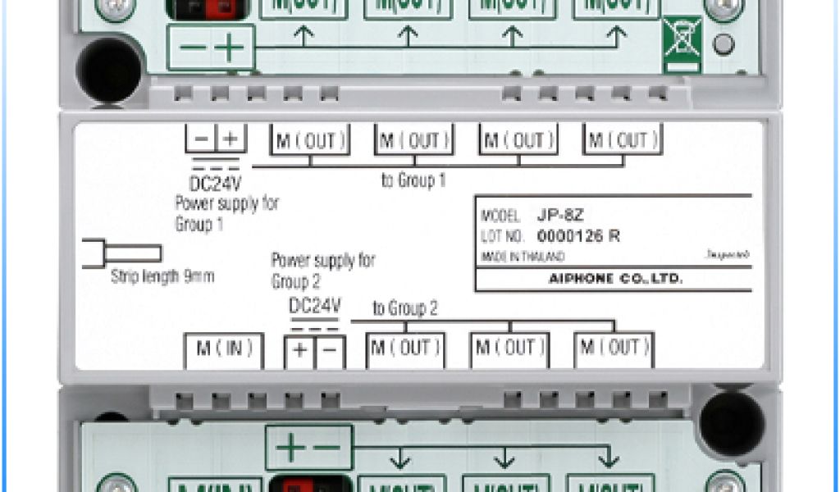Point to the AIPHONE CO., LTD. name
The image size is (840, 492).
coord(615,279)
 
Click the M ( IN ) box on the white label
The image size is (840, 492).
coord(223,348)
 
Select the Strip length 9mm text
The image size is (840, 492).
coord(162,276)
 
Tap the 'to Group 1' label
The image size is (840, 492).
coord(413,180)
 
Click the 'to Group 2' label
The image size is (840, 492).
coord(405,309)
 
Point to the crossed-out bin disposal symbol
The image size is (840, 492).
coord(682,41)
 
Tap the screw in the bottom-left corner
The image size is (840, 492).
coord(115,484)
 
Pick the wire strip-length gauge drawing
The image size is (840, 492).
coord(121,253)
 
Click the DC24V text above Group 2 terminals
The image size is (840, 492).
coord(315,306)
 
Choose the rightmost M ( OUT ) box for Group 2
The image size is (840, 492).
coord(614,348)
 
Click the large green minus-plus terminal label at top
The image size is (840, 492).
coord(211,47)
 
